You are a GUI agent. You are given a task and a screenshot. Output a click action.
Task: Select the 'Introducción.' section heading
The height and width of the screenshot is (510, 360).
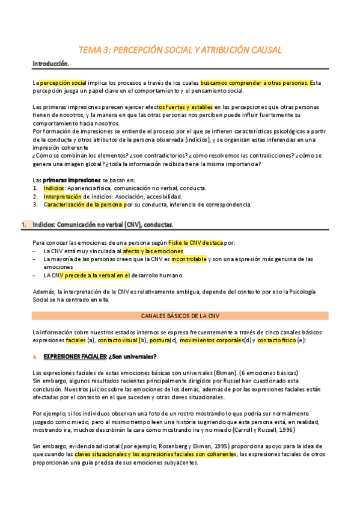coord(51,63)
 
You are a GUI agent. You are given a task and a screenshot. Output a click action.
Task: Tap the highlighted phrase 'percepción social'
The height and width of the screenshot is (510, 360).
coord(63,82)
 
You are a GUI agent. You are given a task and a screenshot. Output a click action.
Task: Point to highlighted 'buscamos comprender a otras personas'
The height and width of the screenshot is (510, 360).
coord(254,82)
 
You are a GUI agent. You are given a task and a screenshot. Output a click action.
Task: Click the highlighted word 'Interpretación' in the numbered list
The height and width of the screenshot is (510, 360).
coord(62,196)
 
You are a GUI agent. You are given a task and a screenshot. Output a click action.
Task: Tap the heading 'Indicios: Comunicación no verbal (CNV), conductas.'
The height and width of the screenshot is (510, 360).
coord(102,225)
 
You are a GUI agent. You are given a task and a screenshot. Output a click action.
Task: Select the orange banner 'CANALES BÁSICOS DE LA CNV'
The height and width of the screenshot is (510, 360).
coord(180,315)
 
